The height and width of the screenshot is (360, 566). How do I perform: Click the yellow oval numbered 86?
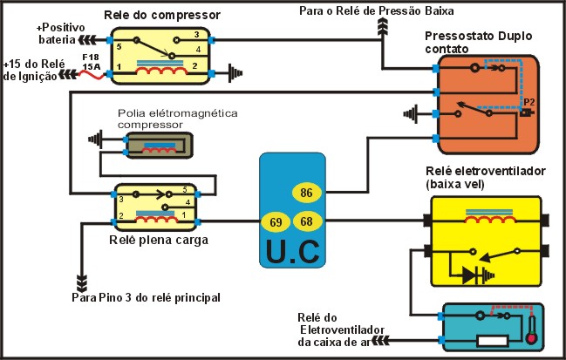click(x=306, y=193)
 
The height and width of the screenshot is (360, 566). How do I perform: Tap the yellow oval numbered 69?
click(x=276, y=222)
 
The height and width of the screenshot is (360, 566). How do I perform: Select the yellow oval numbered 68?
click(x=307, y=221)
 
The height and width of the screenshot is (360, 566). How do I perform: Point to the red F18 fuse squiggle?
click(x=90, y=75)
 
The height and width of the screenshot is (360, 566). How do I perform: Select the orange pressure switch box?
click(x=484, y=106)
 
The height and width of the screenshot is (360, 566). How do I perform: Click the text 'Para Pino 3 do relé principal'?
click(x=145, y=297)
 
